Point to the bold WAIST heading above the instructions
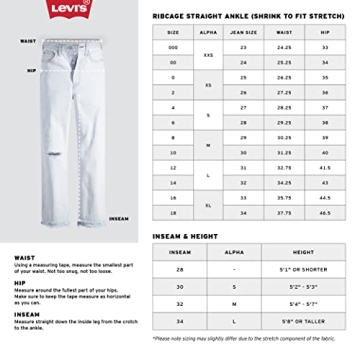tap(18, 255)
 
